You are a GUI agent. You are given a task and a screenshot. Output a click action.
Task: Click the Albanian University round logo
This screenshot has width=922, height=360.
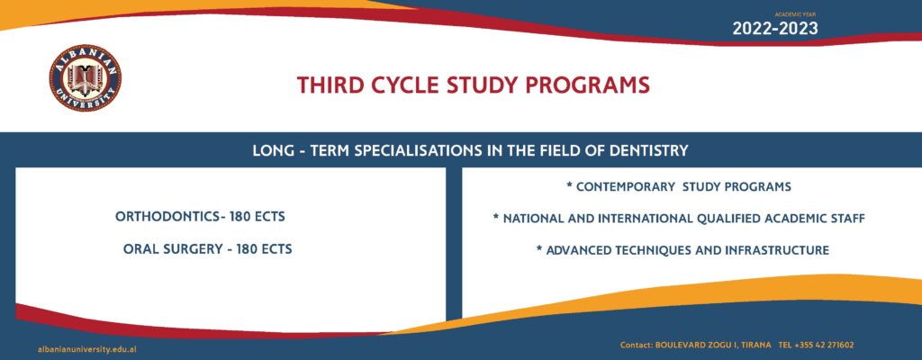(86, 77)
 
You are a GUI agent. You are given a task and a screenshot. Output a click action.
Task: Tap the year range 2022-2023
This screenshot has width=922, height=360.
(774, 28)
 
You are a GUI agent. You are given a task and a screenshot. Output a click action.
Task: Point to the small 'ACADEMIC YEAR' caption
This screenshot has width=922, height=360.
(795, 13)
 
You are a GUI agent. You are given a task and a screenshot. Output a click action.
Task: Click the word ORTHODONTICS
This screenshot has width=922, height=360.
(167, 217)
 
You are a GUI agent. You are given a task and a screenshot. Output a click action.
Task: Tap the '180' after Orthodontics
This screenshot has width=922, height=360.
(240, 217)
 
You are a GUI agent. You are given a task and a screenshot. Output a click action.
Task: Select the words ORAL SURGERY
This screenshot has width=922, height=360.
(172, 248)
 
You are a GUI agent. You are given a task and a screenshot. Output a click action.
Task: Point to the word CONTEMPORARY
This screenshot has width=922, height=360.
(626, 187)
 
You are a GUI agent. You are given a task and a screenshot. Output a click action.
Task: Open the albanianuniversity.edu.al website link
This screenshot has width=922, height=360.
(87, 349)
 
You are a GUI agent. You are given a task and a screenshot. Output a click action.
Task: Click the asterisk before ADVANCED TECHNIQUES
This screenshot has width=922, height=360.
(539, 249)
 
